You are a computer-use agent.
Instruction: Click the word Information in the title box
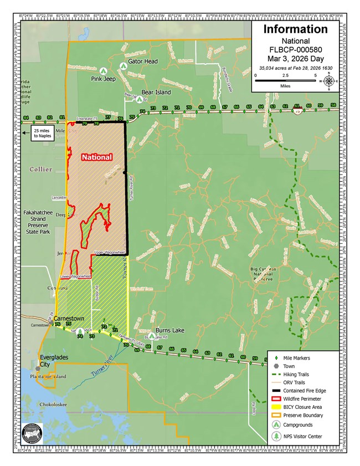[295, 29]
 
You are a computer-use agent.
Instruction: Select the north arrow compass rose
[330, 81]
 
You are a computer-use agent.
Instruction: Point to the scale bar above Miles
[285, 81]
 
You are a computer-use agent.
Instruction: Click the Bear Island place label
[156, 92]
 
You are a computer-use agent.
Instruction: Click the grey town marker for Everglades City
[38, 368]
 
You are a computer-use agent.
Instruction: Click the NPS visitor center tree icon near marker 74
[81, 331]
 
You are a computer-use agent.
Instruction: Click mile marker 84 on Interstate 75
[25, 118]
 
